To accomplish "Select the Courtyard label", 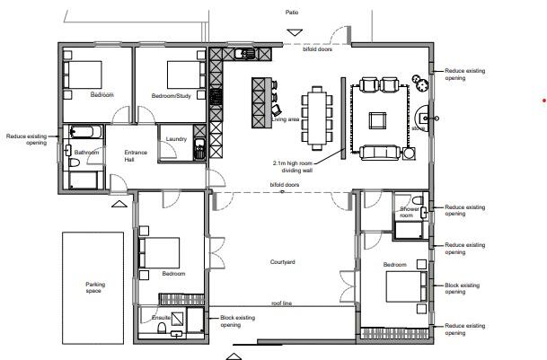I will pos(283,262).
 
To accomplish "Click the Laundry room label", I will pos(176,139).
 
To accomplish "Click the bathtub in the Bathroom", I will pos(86,133).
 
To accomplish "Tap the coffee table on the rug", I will pos(378,119).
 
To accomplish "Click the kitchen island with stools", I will pos(261,104).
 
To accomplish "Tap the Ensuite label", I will pos(162,318).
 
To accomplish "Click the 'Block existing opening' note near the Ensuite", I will pos(237,320).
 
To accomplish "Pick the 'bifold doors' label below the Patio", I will pos(317,49).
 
